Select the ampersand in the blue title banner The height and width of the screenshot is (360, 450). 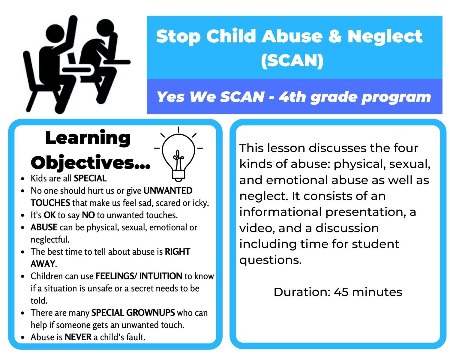click(x=334, y=36)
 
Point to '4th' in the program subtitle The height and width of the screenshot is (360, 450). click(x=292, y=97)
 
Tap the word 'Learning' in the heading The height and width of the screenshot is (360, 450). click(x=88, y=138)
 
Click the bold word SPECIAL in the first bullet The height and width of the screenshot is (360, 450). click(x=90, y=178)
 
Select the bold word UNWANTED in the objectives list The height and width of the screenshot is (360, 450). click(x=168, y=191)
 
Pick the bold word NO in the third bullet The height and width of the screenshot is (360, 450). click(x=88, y=215)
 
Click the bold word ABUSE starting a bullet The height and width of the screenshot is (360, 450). click(x=44, y=227)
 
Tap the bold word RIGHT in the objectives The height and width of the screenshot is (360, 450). click(x=178, y=252)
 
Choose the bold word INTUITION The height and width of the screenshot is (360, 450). click(x=160, y=276)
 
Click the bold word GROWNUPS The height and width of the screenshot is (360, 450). click(x=150, y=313)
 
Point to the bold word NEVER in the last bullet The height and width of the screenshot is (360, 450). click(x=78, y=337)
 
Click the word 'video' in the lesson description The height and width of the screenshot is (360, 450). click(x=256, y=228)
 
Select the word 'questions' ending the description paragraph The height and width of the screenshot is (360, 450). click(x=270, y=260)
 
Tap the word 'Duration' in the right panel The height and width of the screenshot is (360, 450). click(x=302, y=292)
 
